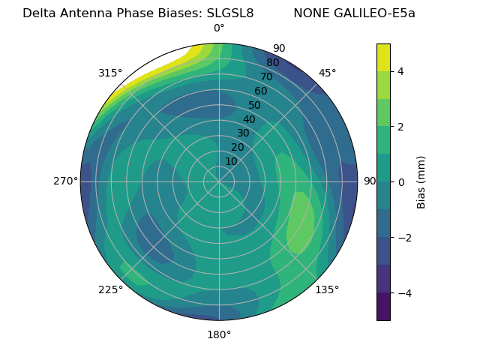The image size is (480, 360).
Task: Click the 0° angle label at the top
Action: coord(219,28)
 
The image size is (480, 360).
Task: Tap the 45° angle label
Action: coord(327,73)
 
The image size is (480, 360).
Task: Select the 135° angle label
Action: coord(327,289)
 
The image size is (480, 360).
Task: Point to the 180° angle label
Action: coord(219,334)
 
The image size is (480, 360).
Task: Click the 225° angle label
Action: coord(110,289)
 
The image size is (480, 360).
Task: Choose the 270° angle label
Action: coord(66,181)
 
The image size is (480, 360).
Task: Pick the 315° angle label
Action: coord(110,73)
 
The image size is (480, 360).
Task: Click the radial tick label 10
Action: coord(231,162)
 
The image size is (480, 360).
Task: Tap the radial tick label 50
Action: coord(254,105)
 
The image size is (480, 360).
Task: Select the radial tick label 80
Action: coord(272,62)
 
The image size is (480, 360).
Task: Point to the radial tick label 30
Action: coord(243,133)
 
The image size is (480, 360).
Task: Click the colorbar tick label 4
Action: coord(400,71)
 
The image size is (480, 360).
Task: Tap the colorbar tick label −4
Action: coord(403,293)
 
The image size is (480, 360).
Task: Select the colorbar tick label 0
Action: coord(400,182)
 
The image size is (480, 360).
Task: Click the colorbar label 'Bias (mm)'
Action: coord(421,182)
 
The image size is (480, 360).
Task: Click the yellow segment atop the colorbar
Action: coord(383,57)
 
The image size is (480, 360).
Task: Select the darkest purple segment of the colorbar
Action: coord(383,307)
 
